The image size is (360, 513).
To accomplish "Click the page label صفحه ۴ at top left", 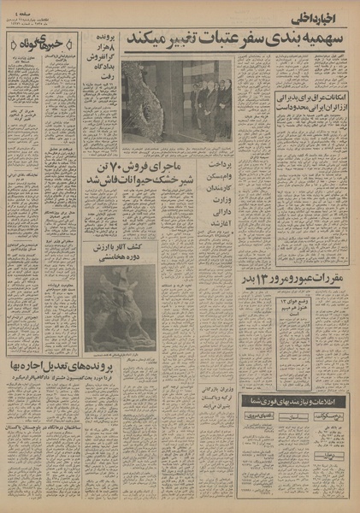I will [18, 10].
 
